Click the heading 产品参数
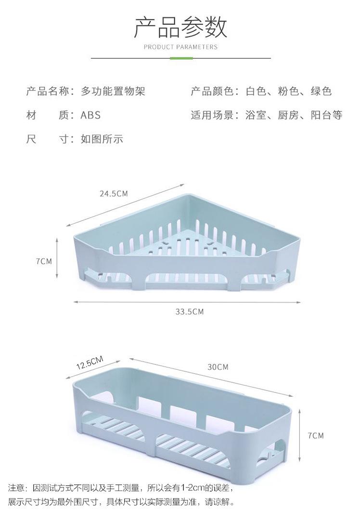180,27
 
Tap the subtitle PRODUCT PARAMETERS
180,47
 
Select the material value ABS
90,116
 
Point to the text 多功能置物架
113,91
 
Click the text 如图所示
102,140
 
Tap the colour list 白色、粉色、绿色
289,91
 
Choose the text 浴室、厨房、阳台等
294,116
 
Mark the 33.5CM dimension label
189,312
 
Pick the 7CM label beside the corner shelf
43,261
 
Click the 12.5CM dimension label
90,363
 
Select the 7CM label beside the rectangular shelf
316,435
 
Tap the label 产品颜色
212,91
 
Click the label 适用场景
212,116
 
